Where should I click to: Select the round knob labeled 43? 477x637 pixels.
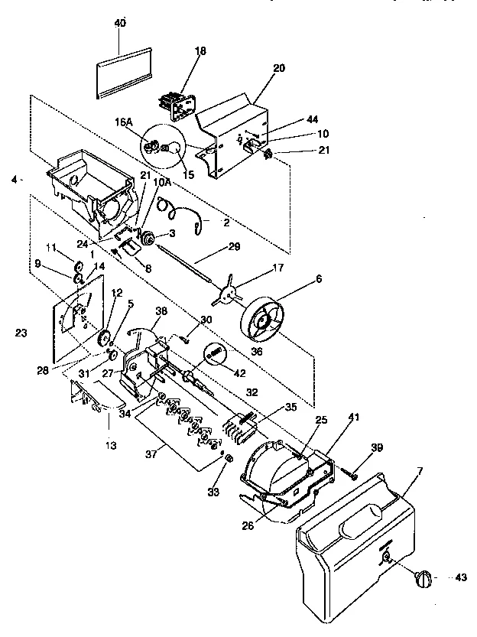[x=423, y=580]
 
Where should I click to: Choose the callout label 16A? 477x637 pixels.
[x=124, y=122]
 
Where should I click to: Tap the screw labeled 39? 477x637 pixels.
[x=353, y=476]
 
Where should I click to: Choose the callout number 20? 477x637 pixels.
[x=278, y=68]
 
